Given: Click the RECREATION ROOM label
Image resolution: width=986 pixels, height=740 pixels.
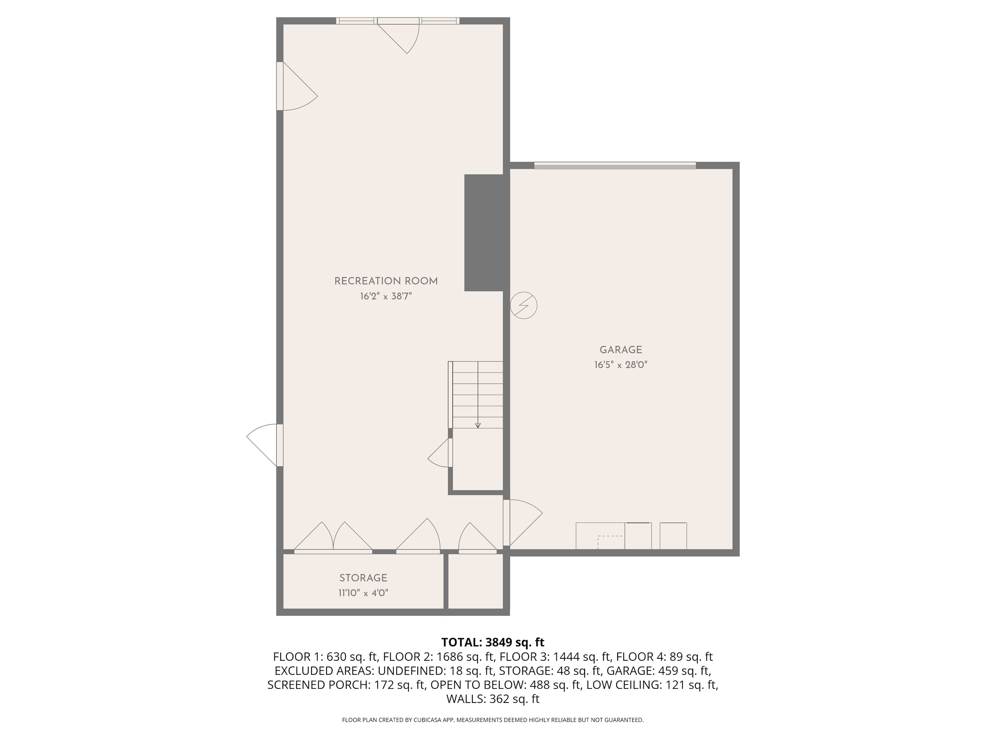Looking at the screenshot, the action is (x=386, y=282).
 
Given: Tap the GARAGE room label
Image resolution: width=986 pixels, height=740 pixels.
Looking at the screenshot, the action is (x=621, y=350).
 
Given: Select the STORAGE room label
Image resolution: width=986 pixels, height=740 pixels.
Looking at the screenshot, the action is (x=363, y=578).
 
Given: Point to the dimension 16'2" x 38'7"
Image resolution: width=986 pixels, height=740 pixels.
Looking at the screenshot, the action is (x=386, y=296).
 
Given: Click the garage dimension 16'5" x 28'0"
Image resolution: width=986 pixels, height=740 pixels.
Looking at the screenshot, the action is (x=621, y=365).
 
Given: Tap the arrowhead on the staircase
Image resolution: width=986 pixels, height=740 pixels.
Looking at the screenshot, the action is (x=478, y=426).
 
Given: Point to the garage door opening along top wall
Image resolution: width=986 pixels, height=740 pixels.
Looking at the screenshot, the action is (x=615, y=165).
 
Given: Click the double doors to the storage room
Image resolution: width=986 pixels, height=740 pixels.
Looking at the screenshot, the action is (x=333, y=537).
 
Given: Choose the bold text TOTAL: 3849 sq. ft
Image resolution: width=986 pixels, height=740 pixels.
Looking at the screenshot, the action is (x=493, y=642).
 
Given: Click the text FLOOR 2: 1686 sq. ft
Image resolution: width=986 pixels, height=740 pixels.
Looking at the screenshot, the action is (x=439, y=656).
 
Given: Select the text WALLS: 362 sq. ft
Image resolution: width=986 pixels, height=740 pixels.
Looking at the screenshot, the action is (x=493, y=699).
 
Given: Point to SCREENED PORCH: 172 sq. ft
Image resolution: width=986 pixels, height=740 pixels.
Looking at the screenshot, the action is (x=346, y=685).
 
